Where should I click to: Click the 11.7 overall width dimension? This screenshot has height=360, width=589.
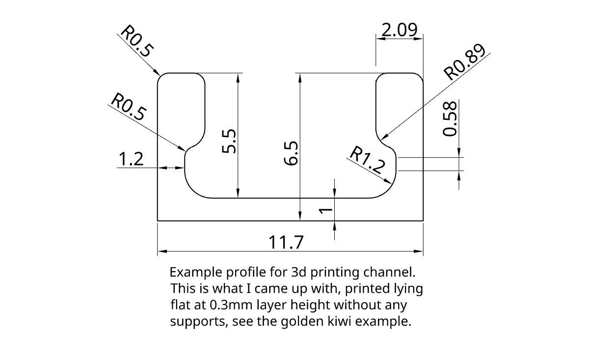(286, 242)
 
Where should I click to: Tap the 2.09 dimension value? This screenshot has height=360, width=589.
(399, 30)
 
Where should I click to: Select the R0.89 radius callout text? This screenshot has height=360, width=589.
(464, 62)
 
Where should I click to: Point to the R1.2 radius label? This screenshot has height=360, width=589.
(367, 160)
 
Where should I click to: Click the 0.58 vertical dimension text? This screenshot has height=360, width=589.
(450, 119)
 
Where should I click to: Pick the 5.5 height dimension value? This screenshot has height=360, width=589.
(229, 141)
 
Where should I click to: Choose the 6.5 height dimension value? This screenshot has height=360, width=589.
(291, 153)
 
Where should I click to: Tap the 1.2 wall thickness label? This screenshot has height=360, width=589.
(131, 159)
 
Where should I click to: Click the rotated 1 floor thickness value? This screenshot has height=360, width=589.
(325, 211)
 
